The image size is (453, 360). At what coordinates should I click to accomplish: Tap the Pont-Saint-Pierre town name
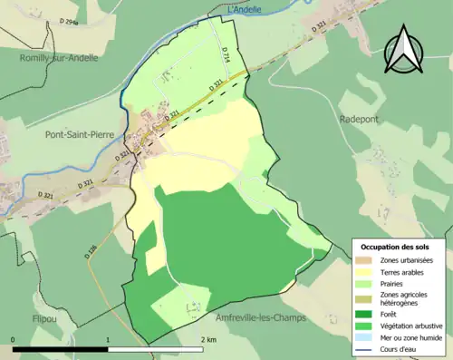click(x=83, y=133)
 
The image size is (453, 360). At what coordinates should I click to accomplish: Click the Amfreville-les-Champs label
click(x=261, y=318)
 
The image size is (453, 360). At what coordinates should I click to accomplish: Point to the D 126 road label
click(x=91, y=251)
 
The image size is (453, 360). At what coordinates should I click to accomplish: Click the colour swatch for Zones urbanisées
click(x=368, y=260)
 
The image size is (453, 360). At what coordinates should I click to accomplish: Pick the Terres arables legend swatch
click(x=368, y=272)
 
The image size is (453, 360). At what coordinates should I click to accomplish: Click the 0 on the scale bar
click(x=14, y=340)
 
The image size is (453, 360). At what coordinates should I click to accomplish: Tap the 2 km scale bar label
click(x=209, y=340)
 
